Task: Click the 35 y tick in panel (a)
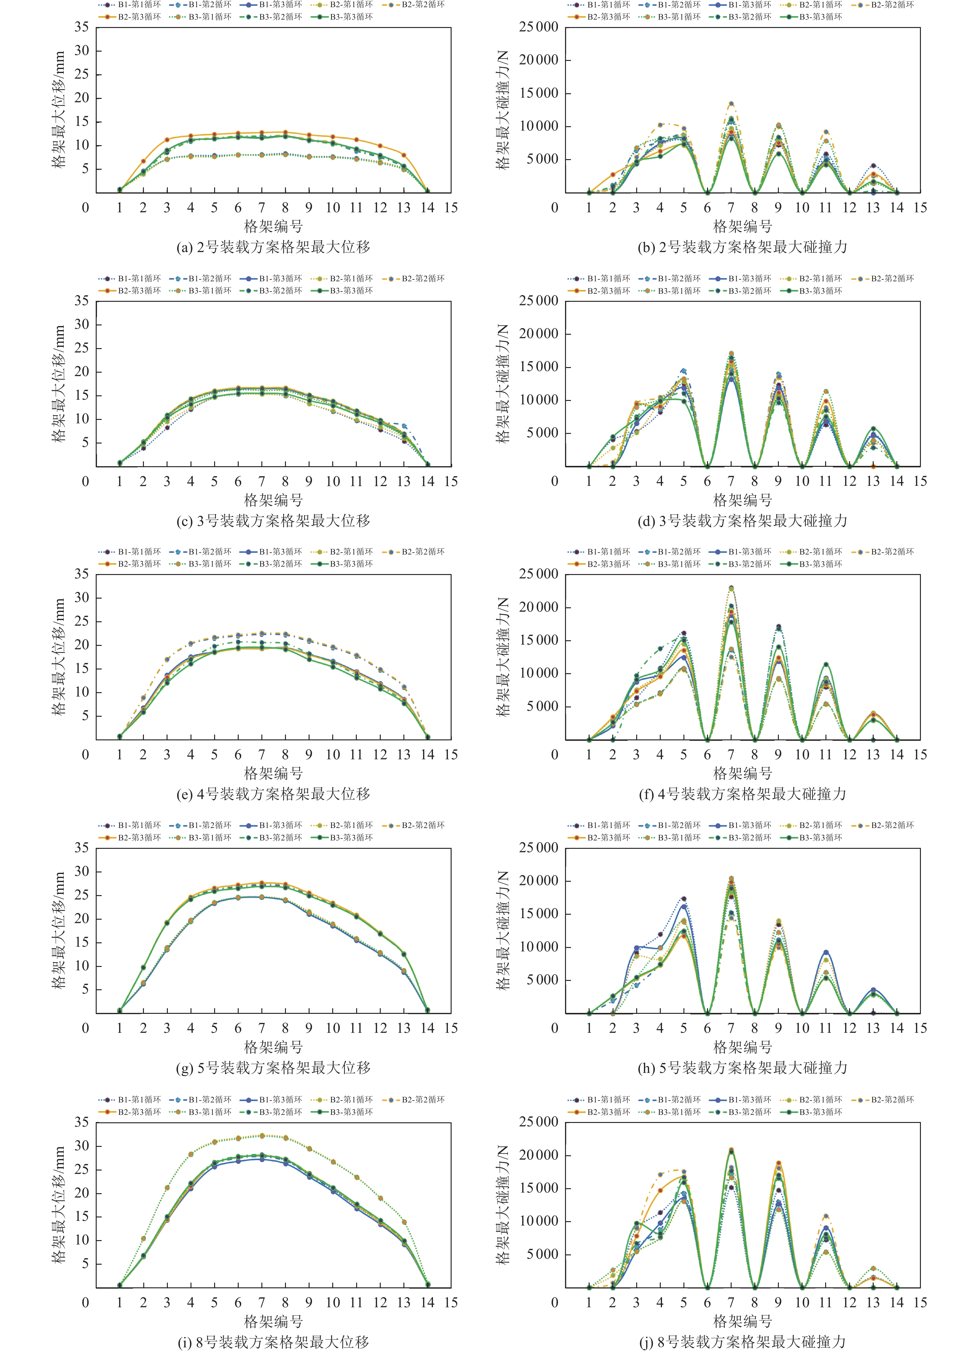82,27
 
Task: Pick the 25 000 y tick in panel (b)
538,27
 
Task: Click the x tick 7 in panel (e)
261,755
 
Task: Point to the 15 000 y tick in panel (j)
538,1188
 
